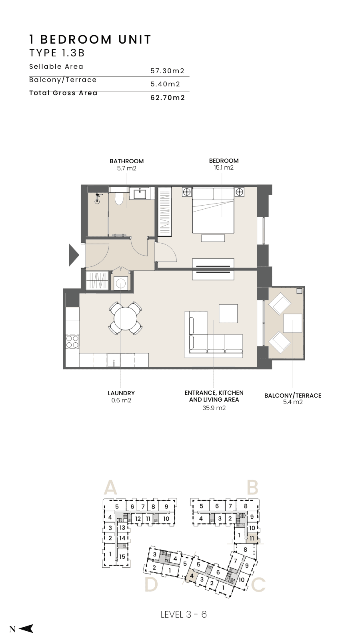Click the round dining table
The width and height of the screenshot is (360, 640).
(126, 318)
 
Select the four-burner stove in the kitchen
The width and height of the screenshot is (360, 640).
(72, 342)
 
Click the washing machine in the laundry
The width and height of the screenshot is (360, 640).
(120, 283)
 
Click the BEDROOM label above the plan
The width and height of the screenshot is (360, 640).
(224, 161)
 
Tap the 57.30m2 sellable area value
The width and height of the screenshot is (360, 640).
(168, 71)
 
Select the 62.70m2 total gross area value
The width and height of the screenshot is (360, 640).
(168, 98)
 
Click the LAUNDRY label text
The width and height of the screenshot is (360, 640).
(121, 393)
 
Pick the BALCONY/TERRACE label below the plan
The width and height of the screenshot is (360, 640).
(293, 396)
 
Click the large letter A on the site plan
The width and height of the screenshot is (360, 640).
(110, 488)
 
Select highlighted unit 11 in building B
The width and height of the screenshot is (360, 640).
(252, 538)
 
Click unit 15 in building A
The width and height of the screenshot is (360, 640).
(122, 556)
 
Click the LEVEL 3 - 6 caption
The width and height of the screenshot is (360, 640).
(184, 614)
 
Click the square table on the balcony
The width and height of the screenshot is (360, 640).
(293, 323)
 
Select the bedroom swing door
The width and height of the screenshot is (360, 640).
(166, 252)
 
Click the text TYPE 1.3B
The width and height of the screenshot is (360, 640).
(57, 53)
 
